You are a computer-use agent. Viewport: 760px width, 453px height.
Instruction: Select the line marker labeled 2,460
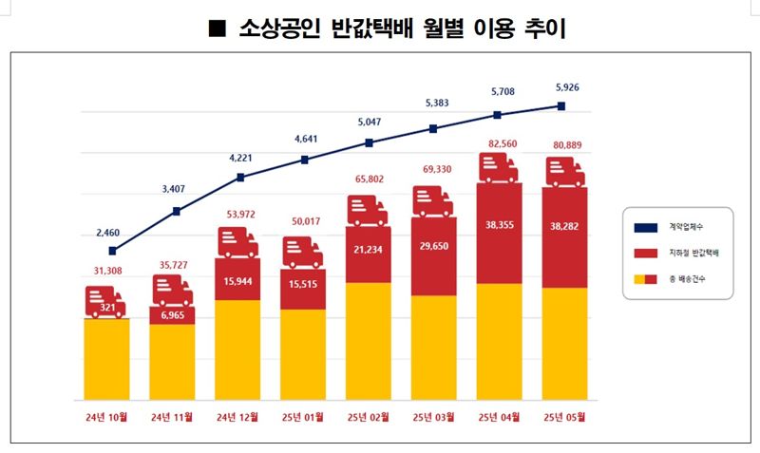pos(112,251)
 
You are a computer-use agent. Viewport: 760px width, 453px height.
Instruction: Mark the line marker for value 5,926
pos(562,105)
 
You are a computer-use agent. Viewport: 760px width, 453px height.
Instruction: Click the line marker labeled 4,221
pos(240,177)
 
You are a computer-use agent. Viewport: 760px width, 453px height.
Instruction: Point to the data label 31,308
pos(106,271)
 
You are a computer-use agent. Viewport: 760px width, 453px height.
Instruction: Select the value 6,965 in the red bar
pos(172,314)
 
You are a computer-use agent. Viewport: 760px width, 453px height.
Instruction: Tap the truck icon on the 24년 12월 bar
pos(237,243)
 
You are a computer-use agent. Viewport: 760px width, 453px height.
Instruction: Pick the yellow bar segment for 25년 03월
pos(434,347)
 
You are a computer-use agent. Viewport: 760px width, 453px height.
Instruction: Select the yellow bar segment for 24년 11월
pos(172,361)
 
